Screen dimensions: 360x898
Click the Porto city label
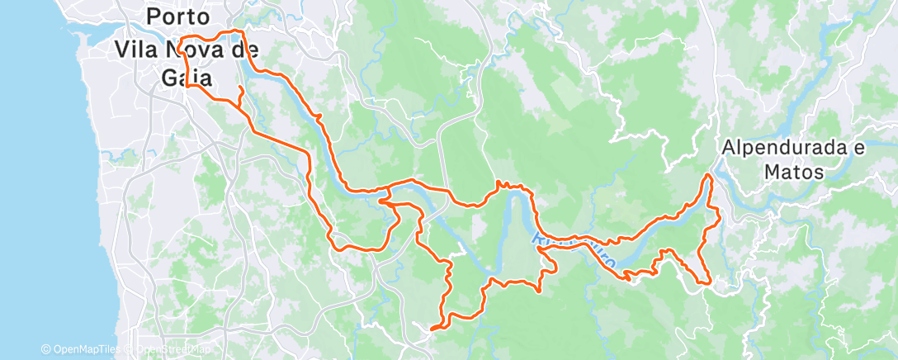177,16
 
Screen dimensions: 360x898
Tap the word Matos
793,173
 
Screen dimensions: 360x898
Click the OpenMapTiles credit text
87,350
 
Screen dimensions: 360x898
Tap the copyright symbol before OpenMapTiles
45,350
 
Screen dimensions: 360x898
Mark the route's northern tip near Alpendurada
708,175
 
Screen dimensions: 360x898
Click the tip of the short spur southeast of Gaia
240,88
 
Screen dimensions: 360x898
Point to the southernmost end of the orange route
432,329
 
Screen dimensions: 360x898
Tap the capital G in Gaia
165,78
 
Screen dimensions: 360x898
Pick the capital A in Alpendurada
728,149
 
